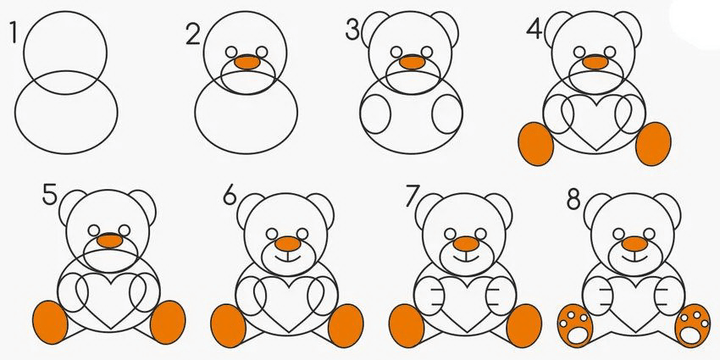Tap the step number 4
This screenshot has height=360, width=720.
534,29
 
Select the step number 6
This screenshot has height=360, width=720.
230,196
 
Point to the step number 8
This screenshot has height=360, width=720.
573,200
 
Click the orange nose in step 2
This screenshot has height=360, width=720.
247,63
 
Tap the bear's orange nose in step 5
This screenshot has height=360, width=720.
111,241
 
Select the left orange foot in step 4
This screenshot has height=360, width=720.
536,144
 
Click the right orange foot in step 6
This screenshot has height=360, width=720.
346,325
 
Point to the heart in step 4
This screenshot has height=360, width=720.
595,123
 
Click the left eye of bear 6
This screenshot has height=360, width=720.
272,234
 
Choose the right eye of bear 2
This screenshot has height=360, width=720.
262,52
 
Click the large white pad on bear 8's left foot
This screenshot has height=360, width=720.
574,335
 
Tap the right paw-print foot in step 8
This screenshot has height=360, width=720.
692,325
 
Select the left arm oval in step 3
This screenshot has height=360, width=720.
375,114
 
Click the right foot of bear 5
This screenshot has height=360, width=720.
168,323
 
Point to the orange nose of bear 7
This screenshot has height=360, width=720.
466,244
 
